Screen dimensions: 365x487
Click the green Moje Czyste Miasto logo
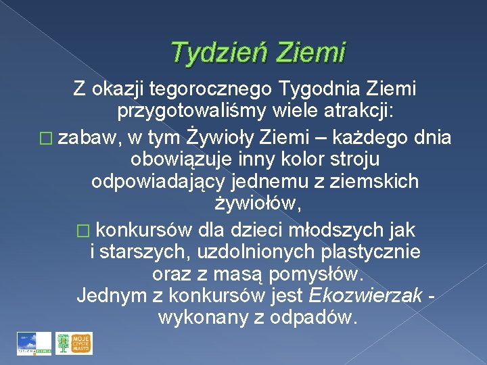(74, 343)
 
